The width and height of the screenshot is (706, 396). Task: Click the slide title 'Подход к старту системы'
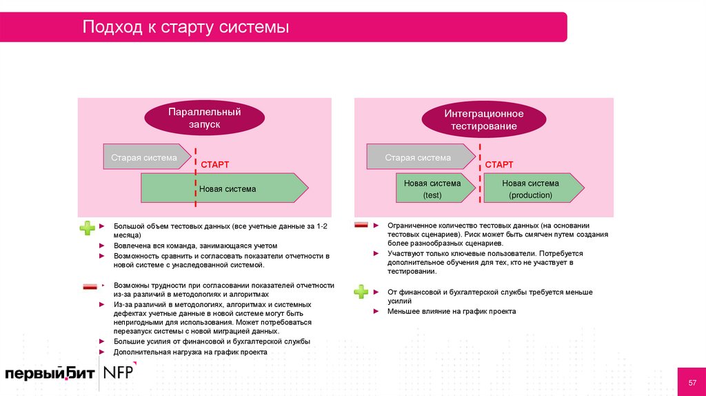185,28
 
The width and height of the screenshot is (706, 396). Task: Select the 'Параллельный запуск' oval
204,118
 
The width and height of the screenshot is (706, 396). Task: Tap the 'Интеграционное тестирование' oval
483,120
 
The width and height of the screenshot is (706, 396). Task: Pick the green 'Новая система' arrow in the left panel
224,188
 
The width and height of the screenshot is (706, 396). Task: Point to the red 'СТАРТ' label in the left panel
214,165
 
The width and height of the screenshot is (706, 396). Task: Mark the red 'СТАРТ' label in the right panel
499,165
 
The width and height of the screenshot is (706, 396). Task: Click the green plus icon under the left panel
88,228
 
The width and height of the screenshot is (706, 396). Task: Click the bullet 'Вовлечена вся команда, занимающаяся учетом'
195,246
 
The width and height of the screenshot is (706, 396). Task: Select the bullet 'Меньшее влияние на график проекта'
451,311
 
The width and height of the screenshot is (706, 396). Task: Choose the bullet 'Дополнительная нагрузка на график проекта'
190,352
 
